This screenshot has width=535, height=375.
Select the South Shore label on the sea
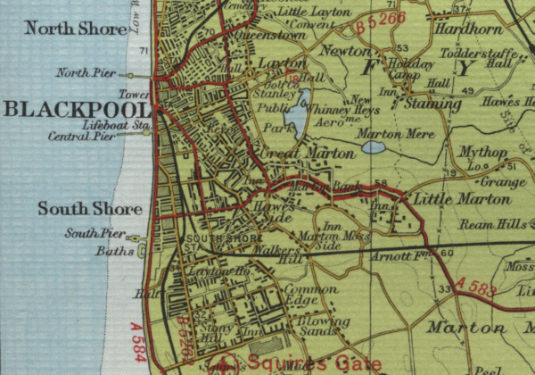tap(89, 210)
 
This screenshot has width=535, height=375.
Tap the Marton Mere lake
tap(373, 146)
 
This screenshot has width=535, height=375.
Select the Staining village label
tap(432, 104)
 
